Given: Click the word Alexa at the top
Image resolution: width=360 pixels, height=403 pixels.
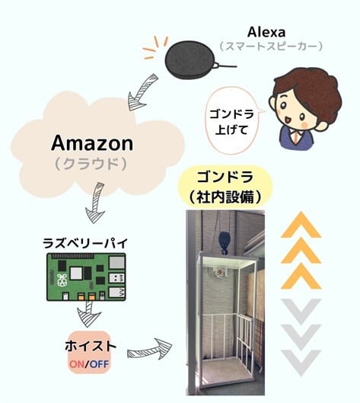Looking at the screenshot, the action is point(266,33).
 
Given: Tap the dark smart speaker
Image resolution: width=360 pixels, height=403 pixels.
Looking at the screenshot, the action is point(191,60).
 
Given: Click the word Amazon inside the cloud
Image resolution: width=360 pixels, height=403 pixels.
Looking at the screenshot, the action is point(92,143).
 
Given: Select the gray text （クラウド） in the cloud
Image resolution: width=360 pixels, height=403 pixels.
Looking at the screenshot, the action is point(91,164).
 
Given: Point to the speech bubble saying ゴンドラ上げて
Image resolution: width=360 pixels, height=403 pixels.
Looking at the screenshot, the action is point(232,121).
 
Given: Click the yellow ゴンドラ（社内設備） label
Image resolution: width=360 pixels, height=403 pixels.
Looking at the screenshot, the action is point(225,187).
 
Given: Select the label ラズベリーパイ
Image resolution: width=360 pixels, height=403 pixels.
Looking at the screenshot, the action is point(85,243).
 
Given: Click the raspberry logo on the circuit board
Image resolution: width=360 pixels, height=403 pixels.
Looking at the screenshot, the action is point(62,280).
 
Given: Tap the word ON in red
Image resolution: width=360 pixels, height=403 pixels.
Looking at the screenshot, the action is point(77,363).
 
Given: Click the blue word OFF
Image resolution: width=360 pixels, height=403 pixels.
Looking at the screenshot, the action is point(99,363).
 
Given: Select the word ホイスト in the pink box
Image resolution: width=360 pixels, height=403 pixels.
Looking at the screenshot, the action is point(91,346).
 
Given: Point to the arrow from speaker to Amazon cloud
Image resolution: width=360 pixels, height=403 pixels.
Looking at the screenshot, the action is point(141,92).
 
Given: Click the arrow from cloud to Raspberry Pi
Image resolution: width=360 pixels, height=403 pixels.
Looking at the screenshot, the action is point(96,203).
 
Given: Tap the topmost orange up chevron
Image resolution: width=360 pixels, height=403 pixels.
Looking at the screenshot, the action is point(301,225).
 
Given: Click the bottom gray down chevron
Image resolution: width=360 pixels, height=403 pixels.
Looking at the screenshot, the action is point(301,363).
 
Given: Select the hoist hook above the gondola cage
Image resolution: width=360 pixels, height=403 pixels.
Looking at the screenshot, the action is point(225,243).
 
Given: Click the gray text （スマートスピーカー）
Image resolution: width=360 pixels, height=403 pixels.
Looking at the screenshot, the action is point(271,46).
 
